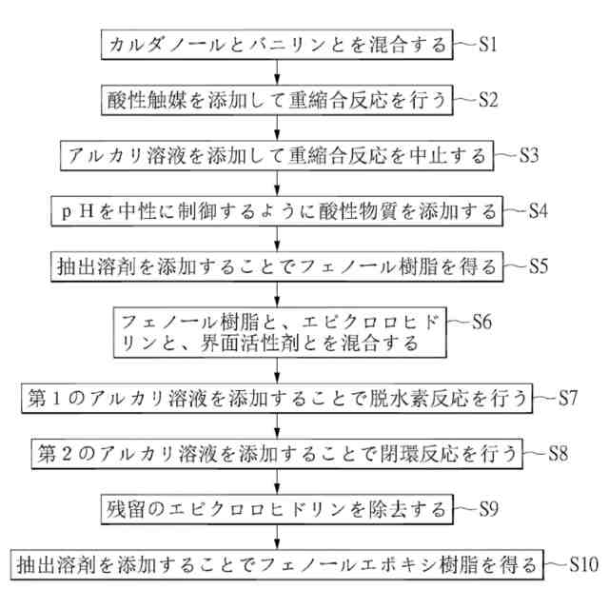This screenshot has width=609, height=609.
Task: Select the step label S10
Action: click(582, 564)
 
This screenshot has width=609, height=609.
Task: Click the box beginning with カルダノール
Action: click(276, 44)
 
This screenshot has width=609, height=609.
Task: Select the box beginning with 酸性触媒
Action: click(276, 98)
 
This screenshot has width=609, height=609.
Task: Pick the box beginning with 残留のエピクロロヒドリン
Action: click(276, 508)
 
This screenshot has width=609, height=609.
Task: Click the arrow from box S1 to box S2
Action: click(276, 70)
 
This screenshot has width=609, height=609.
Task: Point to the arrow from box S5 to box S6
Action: click(276, 293)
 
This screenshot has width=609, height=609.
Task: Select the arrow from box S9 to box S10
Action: click(276, 536)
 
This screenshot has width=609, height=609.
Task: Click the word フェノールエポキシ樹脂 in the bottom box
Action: click(380, 564)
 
